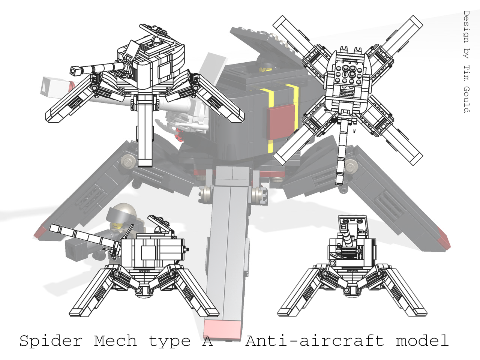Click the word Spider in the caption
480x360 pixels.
pyautogui.click(x=51, y=341)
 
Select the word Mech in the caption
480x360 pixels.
pyautogui.click(x=115, y=341)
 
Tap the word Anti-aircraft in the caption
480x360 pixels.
pyautogui.click(x=315, y=341)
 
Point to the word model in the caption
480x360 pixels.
pyautogui.click(x=422, y=341)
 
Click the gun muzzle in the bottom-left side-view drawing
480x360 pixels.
pyautogui.click(x=54, y=228)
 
